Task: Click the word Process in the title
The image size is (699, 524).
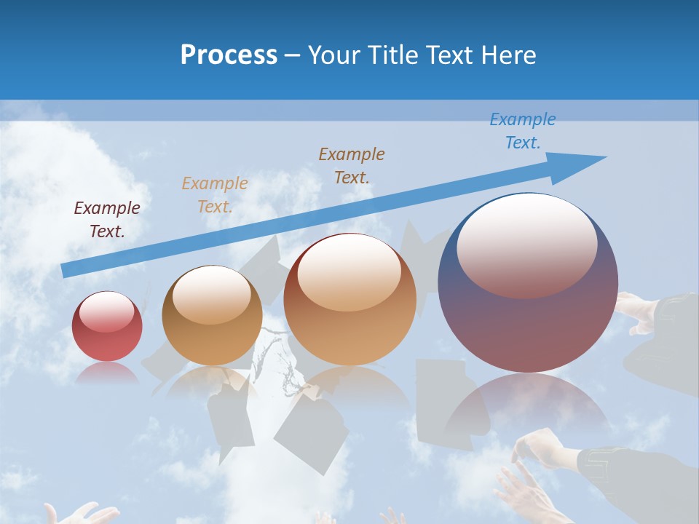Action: point(229,55)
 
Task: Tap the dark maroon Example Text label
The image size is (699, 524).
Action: point(107,219)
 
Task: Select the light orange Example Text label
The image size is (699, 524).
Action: point(215,194)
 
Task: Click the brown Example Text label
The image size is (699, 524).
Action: point(352,165)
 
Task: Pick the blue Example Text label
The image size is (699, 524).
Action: point(523,130)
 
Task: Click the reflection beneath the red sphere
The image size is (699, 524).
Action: point(107,373)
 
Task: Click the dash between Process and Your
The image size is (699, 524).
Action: point(292,55)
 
